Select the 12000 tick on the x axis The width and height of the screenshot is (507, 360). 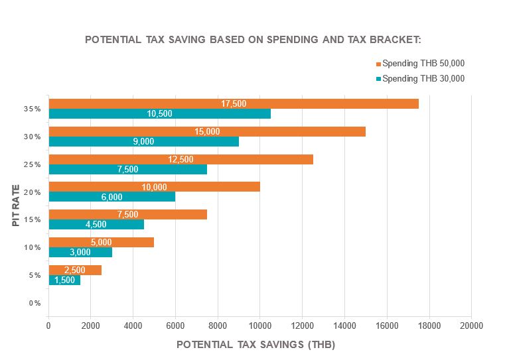click(x=302, y=326)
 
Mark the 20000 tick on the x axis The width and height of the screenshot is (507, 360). click(x=471, y=326)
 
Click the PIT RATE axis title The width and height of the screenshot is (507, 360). click(x=15, y=206)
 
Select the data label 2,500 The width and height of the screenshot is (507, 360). click(x=75, y=270)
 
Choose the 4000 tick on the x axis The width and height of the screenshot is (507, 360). click(x=133, y=326)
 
